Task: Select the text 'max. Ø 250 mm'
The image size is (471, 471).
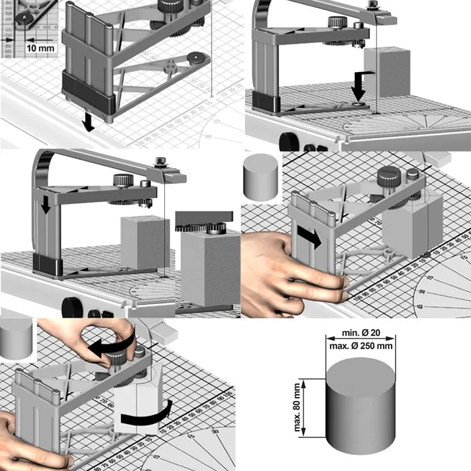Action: click(361, 345)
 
